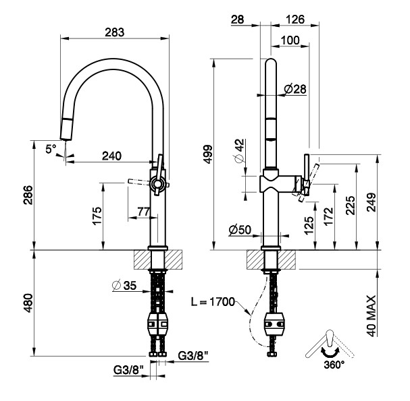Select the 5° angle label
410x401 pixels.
[x=51, y=150]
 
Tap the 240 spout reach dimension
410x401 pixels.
[x=112, y=156]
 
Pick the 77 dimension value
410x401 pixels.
[x=143, y=212]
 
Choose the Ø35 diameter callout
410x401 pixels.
[x=126, y=286]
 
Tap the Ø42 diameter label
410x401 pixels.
[x=238, y=152]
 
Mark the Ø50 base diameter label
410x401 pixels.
[x=239, y=230]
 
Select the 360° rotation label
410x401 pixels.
[x=334, y=364]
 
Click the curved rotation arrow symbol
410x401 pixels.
[x=330, y=350]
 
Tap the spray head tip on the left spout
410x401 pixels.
[x=66, y=131]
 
